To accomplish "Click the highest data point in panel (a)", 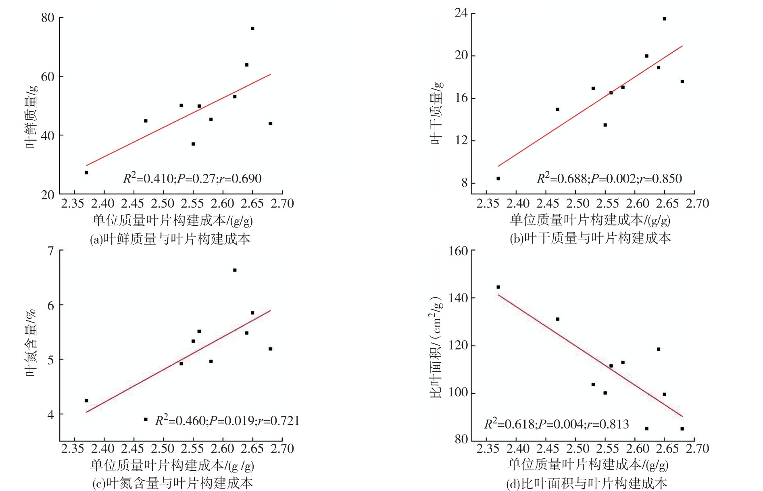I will pos(252,29).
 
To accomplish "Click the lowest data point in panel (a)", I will pos(86,173).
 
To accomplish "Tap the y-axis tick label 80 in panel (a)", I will pos(48,17).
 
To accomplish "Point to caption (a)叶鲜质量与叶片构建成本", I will pos(170,239).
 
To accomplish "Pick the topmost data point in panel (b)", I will pos(664,19).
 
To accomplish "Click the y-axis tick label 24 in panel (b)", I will pos(461,13).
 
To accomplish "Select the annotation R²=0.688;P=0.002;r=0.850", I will pos(609,178).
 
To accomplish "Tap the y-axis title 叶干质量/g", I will pos(436,112).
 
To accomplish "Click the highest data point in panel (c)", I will pos(235,270).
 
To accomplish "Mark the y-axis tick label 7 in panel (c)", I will pos(51,251).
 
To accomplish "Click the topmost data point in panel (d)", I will pos(498,287).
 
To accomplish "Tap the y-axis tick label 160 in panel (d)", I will pos(459,251).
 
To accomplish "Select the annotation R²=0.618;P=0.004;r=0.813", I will pos(556,424).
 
